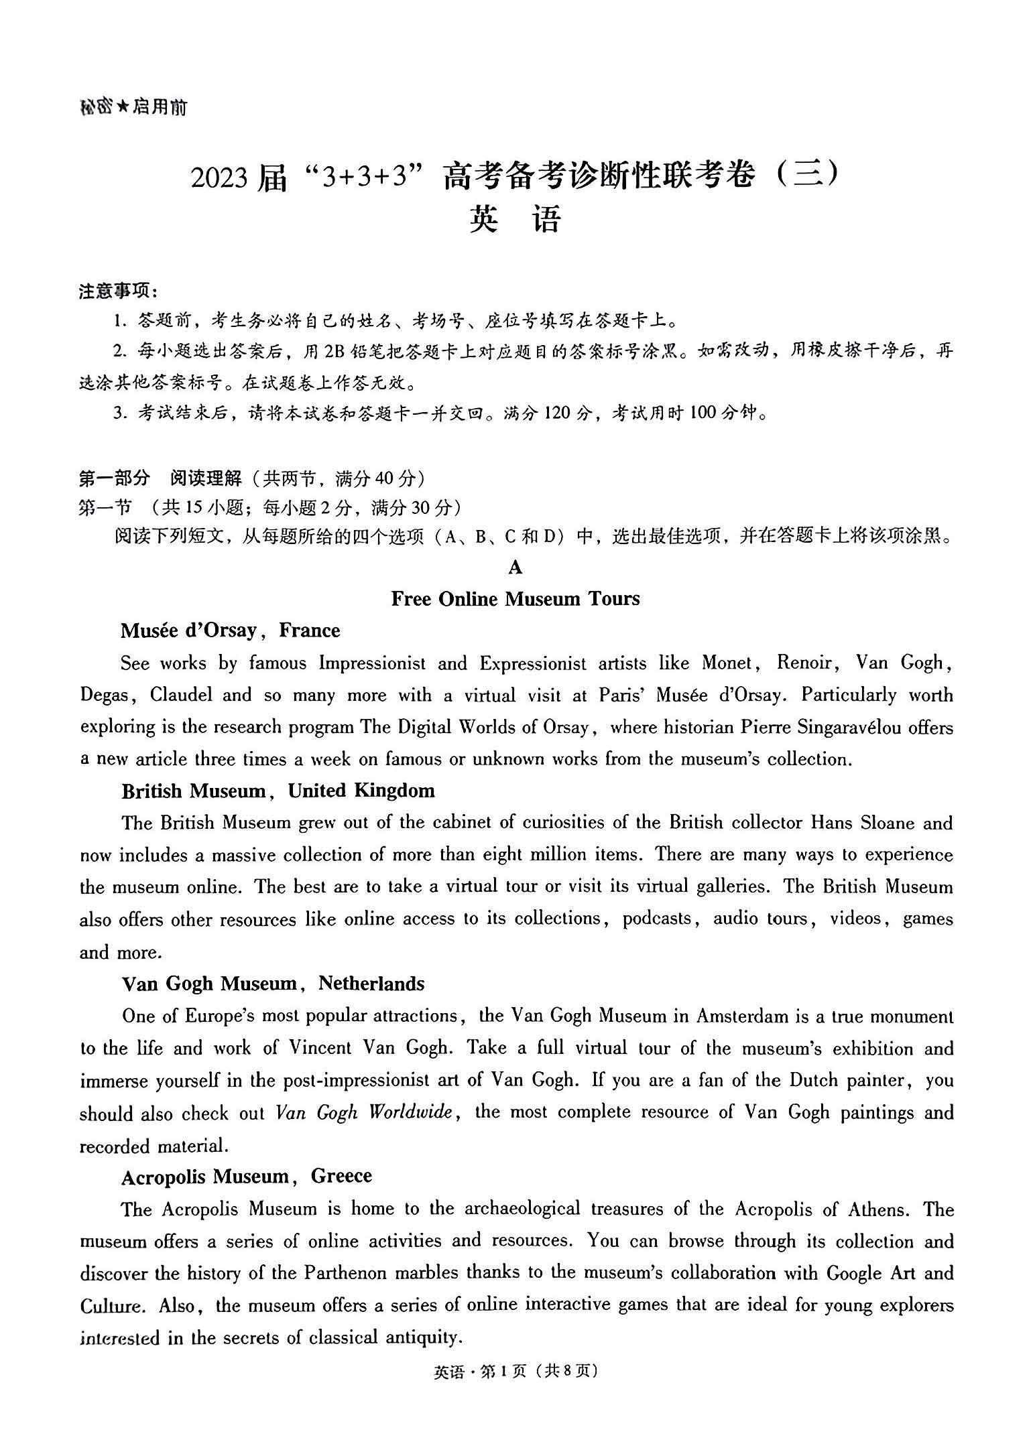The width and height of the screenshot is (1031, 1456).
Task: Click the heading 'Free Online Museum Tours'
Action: [515, 598]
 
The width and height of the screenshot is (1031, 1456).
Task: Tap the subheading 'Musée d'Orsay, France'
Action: [230, 631]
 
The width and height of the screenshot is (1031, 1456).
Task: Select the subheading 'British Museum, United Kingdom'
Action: [278, 791]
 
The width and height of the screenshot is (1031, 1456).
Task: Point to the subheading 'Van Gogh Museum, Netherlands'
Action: [273, 984]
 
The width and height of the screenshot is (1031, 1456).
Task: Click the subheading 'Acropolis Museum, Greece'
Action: [247, 1177]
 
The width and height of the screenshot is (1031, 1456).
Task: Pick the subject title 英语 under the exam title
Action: [515, 220]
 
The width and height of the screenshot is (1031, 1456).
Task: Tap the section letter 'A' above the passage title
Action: [515, 568]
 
